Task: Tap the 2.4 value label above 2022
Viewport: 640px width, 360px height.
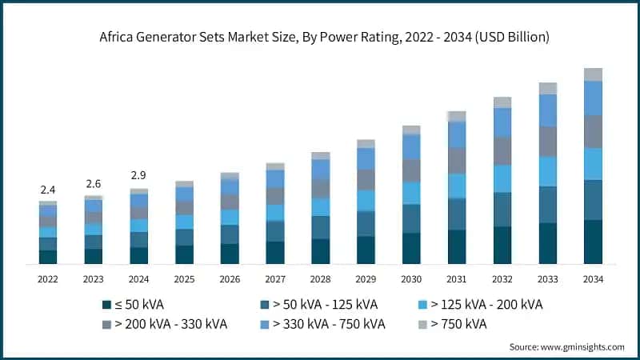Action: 48,190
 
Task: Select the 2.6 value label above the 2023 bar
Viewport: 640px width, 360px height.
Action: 94,184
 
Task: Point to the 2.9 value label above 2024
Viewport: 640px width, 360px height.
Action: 139,175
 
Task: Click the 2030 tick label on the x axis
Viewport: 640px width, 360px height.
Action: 411,279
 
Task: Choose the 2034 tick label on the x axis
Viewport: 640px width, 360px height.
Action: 593,279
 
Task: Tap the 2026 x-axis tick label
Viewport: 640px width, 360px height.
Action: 230,279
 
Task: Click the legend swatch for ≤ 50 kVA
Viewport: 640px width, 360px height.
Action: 106,305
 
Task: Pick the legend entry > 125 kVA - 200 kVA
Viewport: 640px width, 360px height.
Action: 486,305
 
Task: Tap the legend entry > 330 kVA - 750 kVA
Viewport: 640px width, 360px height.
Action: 329,324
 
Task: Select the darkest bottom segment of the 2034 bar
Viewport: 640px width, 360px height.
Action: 593,242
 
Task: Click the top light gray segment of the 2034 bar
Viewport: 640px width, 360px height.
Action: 593,74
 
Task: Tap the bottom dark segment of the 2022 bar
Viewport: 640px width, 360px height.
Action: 48,257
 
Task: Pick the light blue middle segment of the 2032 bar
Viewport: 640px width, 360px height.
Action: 502,178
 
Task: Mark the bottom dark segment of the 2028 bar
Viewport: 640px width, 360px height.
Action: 321,251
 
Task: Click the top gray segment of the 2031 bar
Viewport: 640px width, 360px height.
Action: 457,116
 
